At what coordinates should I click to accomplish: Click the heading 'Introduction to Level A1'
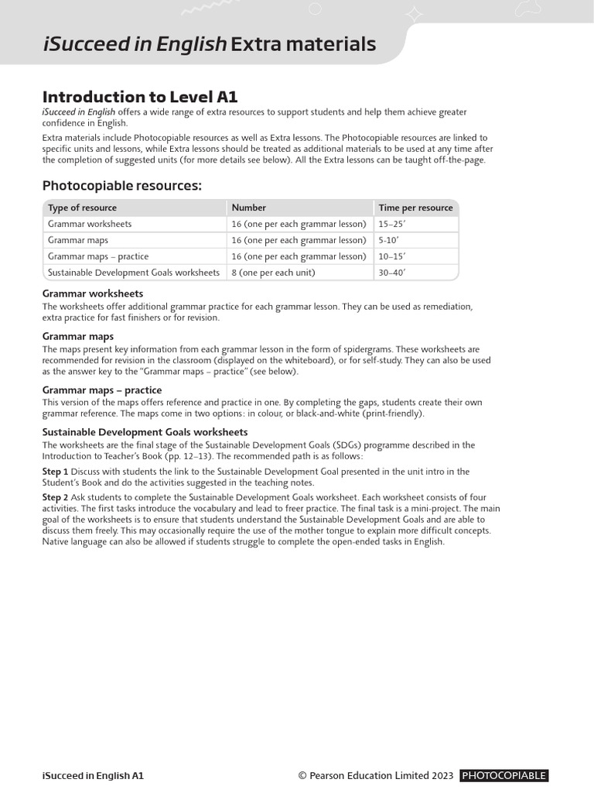tap(139, 97)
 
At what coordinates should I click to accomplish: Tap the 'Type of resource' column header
tap(82, 208)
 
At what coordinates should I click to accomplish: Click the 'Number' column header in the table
tap(248, 208)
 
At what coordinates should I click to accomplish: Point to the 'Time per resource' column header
tap(415, 208)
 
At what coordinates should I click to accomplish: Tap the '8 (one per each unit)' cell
tap(274, 273)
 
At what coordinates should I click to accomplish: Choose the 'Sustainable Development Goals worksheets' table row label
tap(134, 273)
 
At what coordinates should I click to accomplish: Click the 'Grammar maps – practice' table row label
tap(98, 256)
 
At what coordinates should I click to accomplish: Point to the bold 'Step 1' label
tap(55, 472)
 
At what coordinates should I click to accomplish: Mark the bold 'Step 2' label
tap(55, 497)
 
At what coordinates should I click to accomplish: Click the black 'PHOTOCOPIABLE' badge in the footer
tap(504, 775)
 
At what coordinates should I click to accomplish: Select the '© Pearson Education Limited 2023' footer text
tap(376, 775)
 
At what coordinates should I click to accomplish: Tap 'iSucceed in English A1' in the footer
tap(93, 775)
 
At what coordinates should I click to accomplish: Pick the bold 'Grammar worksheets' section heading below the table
tap(92, 294)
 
